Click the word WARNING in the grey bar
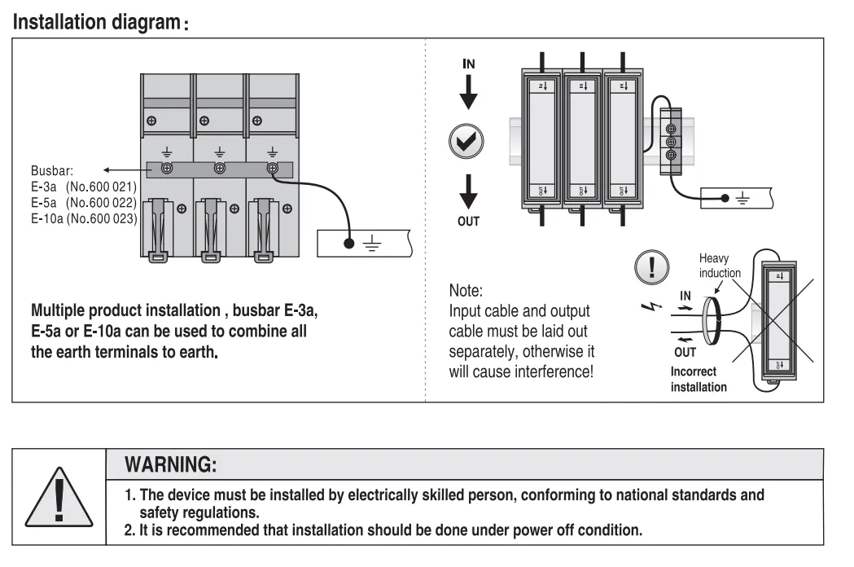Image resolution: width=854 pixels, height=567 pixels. pyautogui.click(x=170, y=465)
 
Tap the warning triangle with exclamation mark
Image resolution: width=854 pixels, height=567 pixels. pyautogui.click(x=59, y=496)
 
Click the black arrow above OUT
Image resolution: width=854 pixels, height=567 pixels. pyautogui.click(x=468, y=192)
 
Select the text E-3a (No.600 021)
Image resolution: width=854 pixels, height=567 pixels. pyautogui.click(x=83, y=187)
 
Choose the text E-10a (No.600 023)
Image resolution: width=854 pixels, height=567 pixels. pyautogui.click(x=84, y=218)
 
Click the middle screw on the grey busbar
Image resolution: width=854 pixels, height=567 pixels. pyautogui.click(x=219, y=169)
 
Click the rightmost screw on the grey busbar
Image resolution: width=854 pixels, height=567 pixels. pyautogui.click(x=271, y=169)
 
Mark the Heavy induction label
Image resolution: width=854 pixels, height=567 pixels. pyautogui.click(x=720, y=266)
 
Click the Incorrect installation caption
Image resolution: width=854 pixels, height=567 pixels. pyautogui.click(x=699, y=379)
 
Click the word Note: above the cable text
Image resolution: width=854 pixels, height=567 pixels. pyautogui.click(x=466, y=290)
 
